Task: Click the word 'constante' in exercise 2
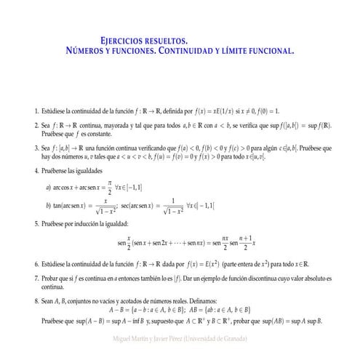point(100,135)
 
